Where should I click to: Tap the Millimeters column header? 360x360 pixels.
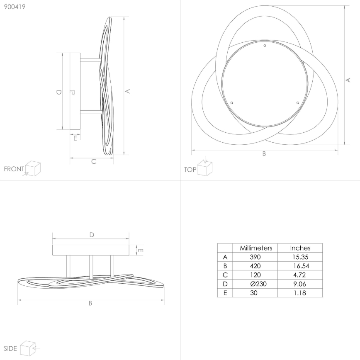pos(256,248)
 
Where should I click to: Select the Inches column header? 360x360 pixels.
pos(300,248)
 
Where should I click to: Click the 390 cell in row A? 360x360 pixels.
pos(256,257)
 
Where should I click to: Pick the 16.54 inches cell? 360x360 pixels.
pos(300,266)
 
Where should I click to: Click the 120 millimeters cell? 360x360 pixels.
pos(256,275)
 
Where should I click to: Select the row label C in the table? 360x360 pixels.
pos(225,275)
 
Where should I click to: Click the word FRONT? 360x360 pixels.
pos(14,169)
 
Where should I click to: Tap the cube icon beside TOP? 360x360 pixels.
pos(204,168)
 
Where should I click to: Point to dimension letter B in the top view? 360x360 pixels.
pos(264,153)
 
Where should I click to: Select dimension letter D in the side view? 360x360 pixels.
pos(92,235)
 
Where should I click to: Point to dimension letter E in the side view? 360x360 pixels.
pos(141,250)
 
